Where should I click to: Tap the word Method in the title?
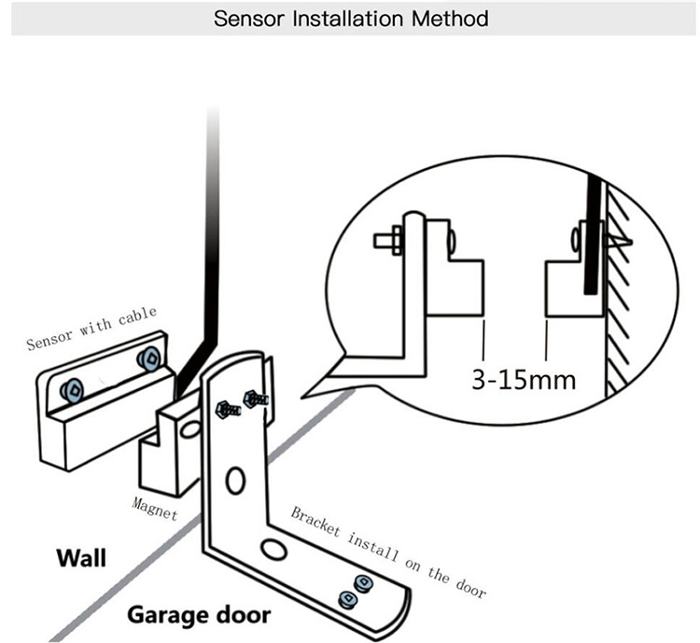[453, 19]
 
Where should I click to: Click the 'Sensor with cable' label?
[91, 328]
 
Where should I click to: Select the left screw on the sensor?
[69, 389]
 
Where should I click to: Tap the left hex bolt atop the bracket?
[227, 408]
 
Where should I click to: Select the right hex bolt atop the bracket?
[255, 398]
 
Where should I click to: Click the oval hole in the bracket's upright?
[234, 482]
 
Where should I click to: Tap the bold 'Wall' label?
[81, 559]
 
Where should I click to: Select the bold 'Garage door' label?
[199, 615]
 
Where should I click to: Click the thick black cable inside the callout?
[592, 243]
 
